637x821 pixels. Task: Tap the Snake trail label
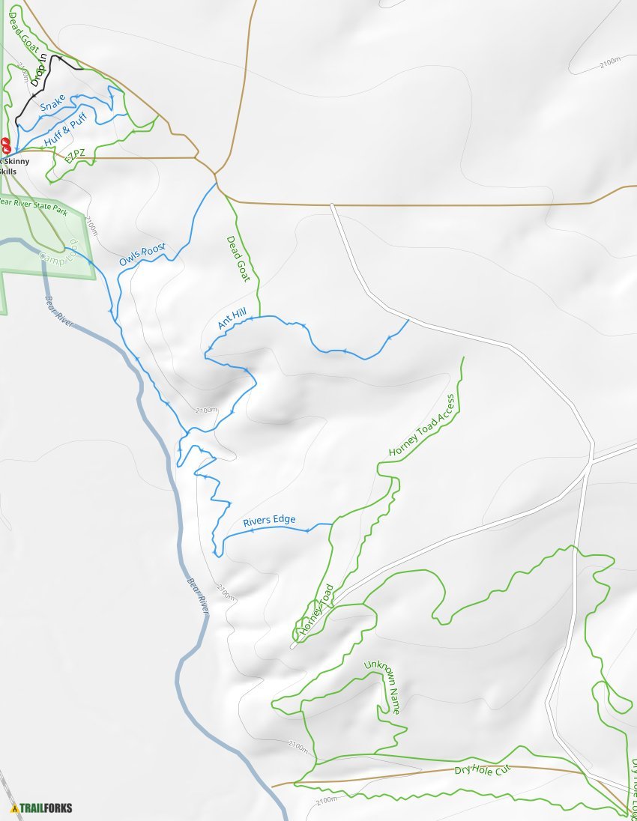pyautogui.click(x=52, y=103)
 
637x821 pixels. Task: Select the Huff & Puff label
pyautogui.click(x=65, y=129)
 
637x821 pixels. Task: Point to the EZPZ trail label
pyautogui.click(x=75, y=156)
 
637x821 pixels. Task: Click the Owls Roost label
pyautogui.click(x=142, y=255)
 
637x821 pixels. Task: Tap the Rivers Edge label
pyautogui.click(x=269, y=520)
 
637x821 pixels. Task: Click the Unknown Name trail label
pyautogui.click(x=382, y=686)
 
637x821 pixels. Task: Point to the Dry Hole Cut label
pyautogui.click(x=482, y=769)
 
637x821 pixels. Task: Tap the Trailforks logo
pyautogui.click(x=42, y=808)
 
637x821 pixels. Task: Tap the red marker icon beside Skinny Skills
pyautogui.click(x=6, y=145)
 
